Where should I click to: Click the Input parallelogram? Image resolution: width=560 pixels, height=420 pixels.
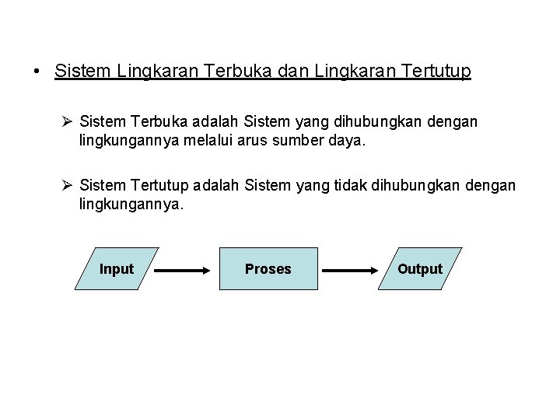tap(117, 269)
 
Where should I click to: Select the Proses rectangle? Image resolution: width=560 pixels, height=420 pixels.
tap(268, 269)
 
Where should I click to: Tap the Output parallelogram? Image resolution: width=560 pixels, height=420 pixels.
tap(420, 269)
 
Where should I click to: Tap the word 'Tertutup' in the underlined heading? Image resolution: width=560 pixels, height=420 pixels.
tap(435, 72)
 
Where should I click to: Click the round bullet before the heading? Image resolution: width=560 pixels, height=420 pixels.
tap(37, 73)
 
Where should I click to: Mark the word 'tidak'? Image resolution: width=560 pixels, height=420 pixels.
tap(355, 185)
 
